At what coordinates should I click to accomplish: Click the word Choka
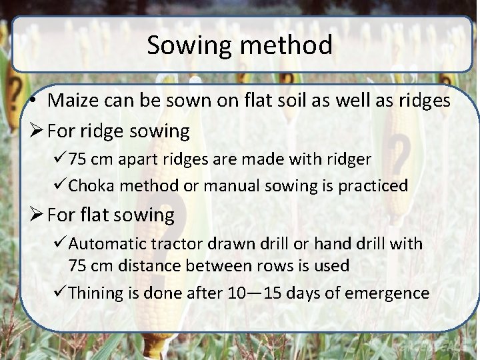click(91, 185)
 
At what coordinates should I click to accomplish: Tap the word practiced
click(373, 185)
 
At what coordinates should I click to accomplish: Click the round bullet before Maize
click(32, 102)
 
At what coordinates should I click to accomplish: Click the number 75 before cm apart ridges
click(78, 159)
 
